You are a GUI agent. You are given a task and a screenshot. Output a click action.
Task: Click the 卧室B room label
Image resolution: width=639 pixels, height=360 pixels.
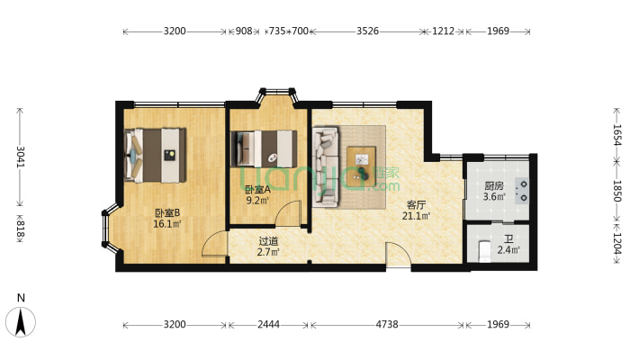(167, 212)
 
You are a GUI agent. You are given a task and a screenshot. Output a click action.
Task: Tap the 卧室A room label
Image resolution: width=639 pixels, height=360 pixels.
(257, 190)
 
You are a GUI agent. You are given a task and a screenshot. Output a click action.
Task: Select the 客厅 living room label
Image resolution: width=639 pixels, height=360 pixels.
(416, 204)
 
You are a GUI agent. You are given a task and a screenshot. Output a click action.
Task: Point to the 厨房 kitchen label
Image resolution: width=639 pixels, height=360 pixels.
(494, 186)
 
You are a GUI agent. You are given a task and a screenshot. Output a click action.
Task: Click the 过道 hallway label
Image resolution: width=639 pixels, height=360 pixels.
(268, 241)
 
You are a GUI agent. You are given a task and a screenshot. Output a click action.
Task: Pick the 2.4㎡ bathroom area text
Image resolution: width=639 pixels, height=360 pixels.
(508, 250)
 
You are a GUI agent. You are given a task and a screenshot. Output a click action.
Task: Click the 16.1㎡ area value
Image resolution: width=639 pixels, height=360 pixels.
(167, 224)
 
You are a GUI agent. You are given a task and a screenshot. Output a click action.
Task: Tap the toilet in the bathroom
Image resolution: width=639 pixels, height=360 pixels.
(483, 252)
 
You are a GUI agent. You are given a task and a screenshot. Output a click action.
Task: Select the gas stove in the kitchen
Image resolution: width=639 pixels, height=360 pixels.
(521, 191)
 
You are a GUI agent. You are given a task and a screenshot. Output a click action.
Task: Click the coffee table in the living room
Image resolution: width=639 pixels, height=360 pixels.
(361, 166)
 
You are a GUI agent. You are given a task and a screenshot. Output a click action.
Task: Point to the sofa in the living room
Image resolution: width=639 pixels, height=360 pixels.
(326, 166)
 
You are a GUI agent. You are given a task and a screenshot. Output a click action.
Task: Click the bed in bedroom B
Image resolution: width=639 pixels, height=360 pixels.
(156, 156)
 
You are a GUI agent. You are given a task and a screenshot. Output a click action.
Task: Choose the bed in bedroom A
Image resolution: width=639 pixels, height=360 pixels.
(264, 149)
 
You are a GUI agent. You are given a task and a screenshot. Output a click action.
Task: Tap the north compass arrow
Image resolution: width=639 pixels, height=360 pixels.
(21, 322)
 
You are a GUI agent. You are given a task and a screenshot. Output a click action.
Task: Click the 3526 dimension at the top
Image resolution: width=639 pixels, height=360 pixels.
(367, 31)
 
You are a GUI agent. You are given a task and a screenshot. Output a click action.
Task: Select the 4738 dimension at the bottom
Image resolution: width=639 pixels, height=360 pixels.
(387, 325)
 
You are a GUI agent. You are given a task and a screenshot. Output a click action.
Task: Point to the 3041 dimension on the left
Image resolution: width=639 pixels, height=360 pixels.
(21, 157)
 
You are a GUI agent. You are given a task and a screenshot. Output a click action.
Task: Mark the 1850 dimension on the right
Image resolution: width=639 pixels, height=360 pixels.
(616, 191)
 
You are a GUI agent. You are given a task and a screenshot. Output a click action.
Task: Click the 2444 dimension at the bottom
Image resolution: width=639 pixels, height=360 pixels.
(268, 325)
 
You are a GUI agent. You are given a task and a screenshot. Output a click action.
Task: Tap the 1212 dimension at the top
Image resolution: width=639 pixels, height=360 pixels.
(443, 31)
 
